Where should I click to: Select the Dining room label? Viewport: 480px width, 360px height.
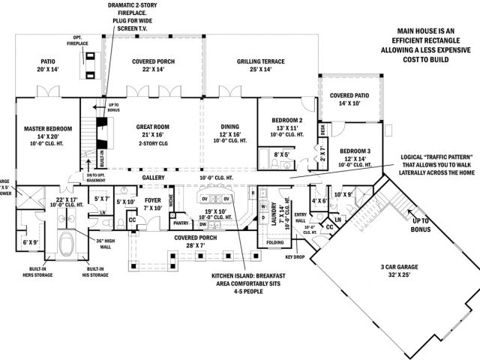(x=229, y=127)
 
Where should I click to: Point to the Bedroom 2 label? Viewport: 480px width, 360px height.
(x=288, y=121)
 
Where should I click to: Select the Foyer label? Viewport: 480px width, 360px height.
(x=153, y=200)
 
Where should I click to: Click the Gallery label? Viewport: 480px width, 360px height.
(x=153, y=178)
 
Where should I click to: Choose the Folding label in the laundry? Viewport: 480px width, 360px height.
(x=274, y=242)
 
